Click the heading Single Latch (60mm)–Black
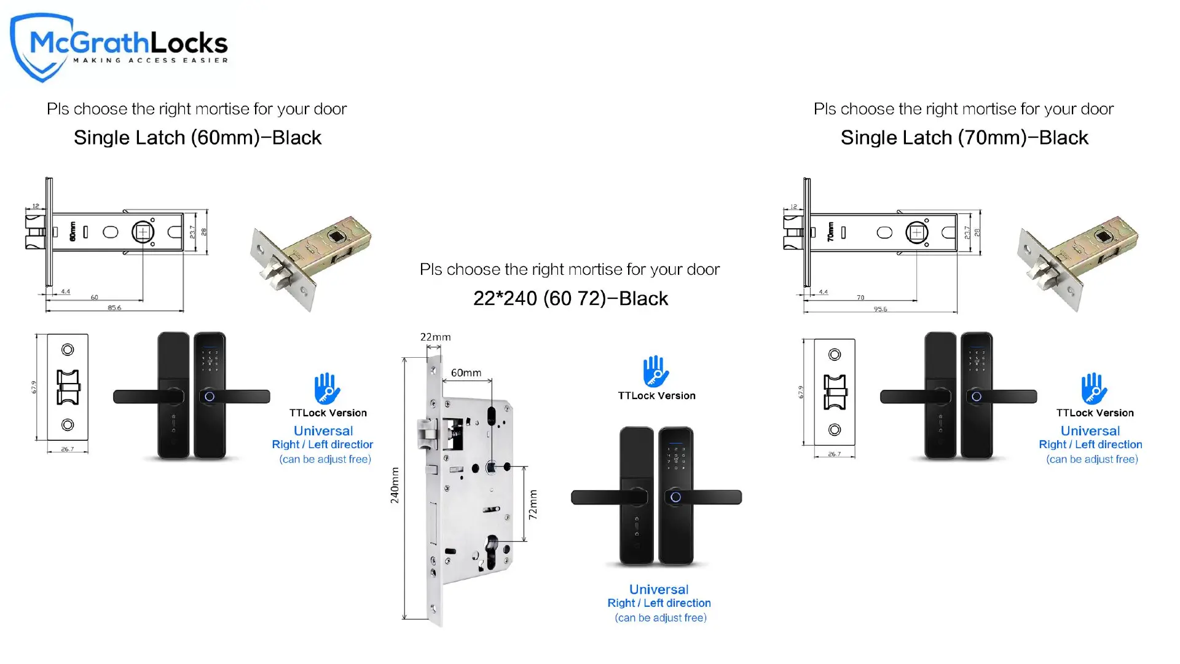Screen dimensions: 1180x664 (x=197, y=138)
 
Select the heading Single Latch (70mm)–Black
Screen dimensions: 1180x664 (x=964, y=138)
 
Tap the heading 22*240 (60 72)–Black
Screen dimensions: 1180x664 (x=570, y=299)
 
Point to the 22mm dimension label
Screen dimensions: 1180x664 (x=435, y=337)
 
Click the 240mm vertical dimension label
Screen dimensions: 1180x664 (x=395, y=485)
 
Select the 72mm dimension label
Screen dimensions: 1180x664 (x=533, y=505)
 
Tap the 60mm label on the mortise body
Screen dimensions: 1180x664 (x=466, y=373)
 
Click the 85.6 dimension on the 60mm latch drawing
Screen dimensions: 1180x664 (x=114, y=307)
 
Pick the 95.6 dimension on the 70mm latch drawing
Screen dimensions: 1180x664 (x=880, y=309)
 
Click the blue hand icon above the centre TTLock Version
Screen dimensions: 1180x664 (x=656, y=371)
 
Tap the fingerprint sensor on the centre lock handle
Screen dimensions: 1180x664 (x=675, y=497)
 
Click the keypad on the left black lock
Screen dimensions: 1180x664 (x=210, y=361)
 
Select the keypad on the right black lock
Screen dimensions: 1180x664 (x=977, y=361)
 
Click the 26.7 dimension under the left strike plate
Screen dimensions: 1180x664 (x=67, y=449)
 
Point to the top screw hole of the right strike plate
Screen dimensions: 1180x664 (x=835, y=355)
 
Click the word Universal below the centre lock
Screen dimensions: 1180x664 (x=659, y=589)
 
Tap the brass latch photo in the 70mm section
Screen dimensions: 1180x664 (x=1079, y=261)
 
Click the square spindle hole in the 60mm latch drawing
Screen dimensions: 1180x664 (x=143, y=232)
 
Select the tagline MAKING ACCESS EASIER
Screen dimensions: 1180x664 (x=151, y=60)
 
